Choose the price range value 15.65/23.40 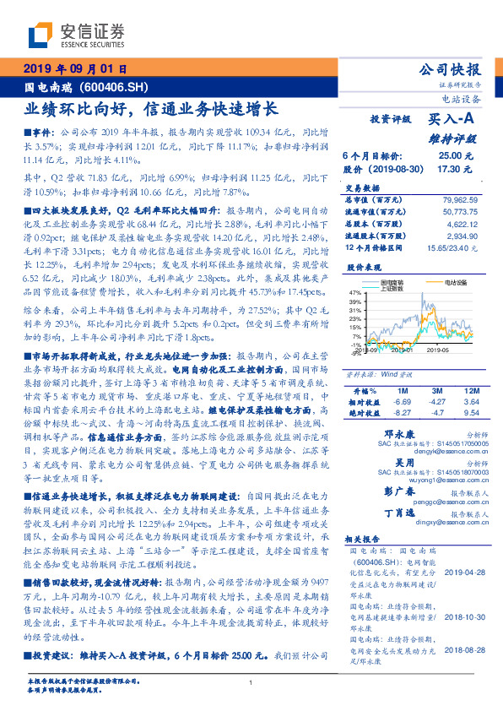point(456,251)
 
